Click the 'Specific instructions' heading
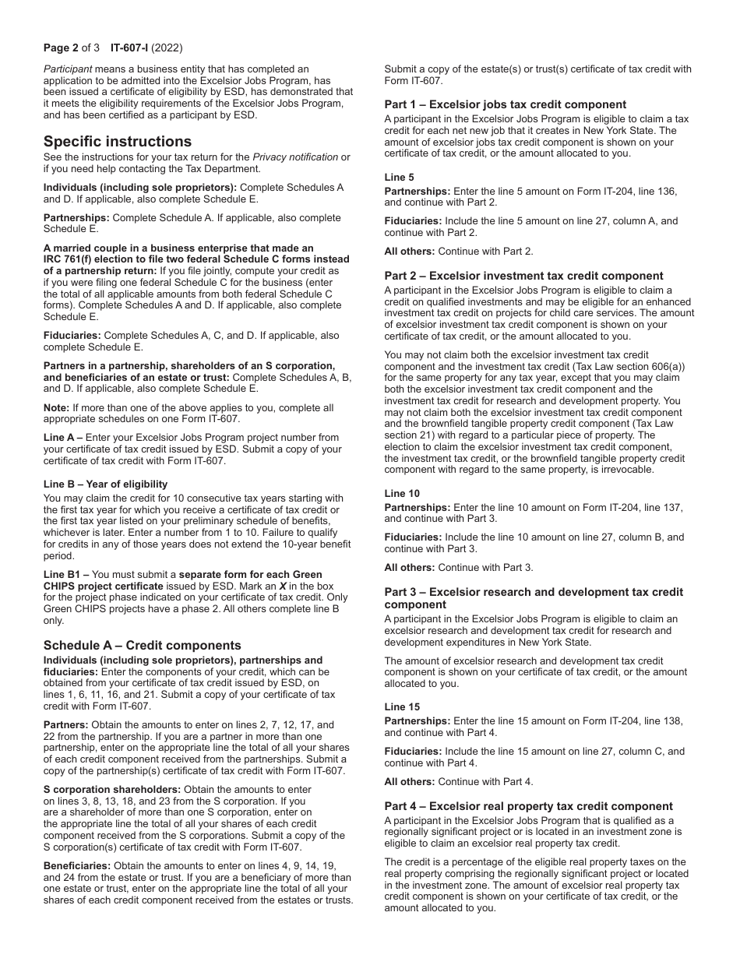point(117,141)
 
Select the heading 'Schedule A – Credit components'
point(142,645)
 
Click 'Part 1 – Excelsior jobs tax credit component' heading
point(505,104)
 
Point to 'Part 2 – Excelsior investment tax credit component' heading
point(523,276)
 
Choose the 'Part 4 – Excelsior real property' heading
point(528,806)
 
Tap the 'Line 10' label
point(402,494)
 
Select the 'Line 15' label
point(402,707)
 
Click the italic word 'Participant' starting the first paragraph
point(67,69)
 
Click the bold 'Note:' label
point(56,407)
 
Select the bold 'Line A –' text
point(63,438)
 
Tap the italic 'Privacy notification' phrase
point(295,157)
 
